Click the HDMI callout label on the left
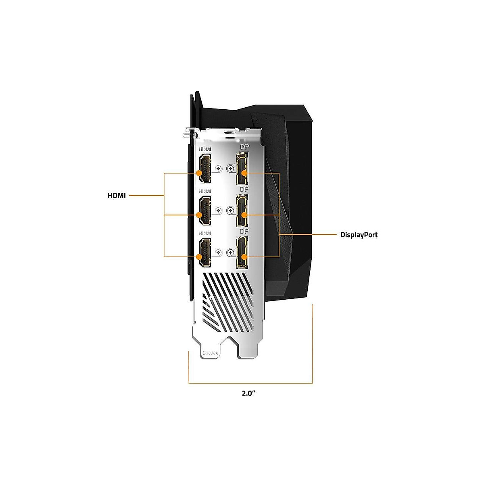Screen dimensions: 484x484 point(117,196)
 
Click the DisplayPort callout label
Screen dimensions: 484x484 point(359,235)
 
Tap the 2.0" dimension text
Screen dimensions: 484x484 point(249,393)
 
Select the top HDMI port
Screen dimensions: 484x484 point(204,168)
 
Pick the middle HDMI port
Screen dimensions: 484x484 point(204,211)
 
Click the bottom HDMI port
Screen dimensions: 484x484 point(204,253)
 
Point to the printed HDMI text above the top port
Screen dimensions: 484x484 point(204,149)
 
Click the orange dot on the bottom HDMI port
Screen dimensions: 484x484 point(199,257)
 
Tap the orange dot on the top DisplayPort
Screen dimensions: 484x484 point(244,173)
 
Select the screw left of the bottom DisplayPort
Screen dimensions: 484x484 point(230,252)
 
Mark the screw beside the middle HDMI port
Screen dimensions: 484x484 point(219,210)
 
